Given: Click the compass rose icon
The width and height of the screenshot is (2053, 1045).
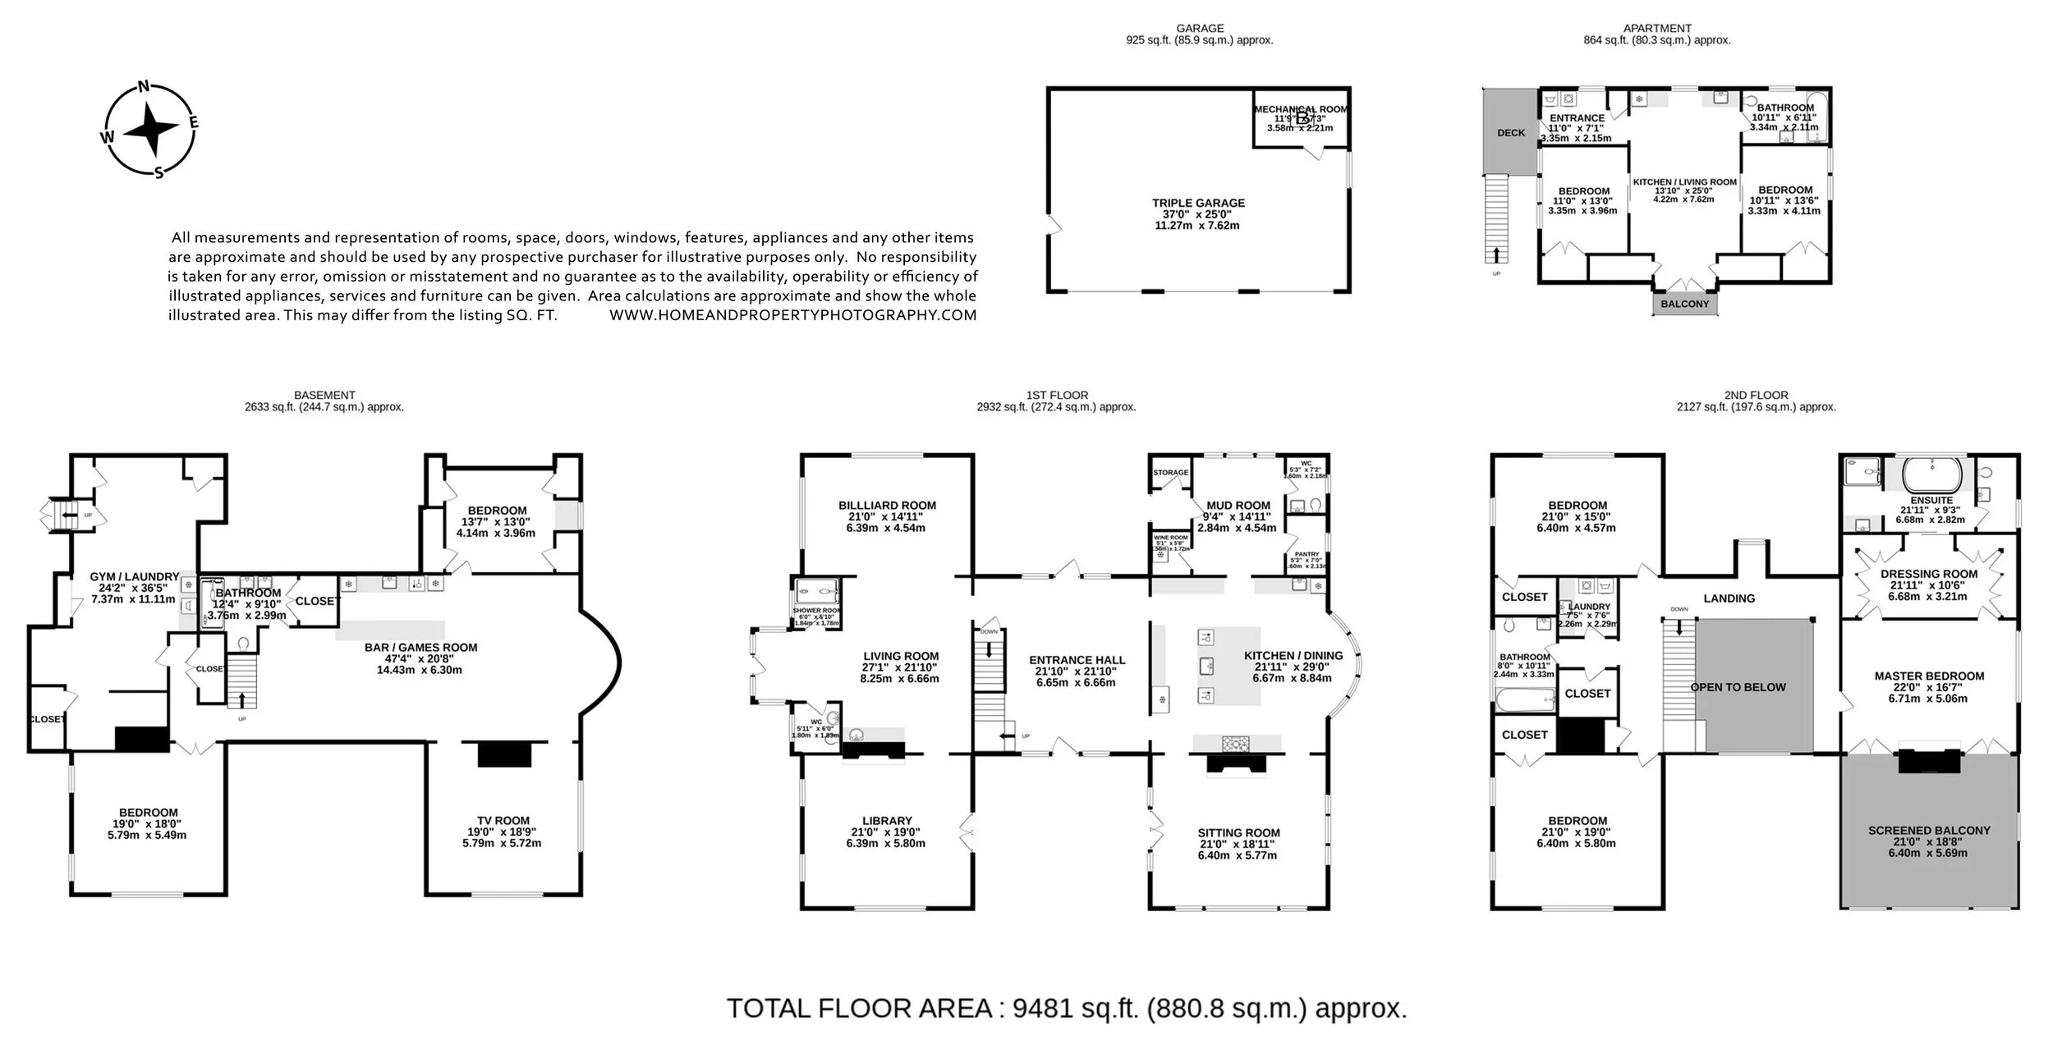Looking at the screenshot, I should [150, 130].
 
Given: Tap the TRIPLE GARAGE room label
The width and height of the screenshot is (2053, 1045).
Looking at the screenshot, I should [1197, 203].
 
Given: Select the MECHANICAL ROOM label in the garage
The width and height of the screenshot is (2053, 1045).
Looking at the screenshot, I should [1300, 109].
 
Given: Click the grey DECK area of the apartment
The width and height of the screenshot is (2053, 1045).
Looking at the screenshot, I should [1510, 132].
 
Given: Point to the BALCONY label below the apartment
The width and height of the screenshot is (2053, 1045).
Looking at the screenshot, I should [1684, 304].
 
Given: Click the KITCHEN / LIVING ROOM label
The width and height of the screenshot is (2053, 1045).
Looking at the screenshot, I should [1684, 182].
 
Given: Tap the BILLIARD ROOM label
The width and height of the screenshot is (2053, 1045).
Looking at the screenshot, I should [887, 506].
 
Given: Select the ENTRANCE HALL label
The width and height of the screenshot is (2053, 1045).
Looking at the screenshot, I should [1077, 660].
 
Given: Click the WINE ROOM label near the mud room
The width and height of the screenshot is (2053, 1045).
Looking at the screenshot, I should [1171, 538].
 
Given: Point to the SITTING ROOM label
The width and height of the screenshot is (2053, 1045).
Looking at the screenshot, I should [1238, 832].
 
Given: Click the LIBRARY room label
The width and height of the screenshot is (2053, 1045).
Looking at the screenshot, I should [887, 820].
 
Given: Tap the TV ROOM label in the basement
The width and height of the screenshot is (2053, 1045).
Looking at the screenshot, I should [503, 820].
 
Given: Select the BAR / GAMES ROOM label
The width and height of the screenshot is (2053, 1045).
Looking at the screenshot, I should [420, 648].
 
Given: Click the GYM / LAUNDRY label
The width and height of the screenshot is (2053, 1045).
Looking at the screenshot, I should [134, 577].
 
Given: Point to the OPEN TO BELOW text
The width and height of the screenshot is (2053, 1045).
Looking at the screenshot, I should [1738, 687].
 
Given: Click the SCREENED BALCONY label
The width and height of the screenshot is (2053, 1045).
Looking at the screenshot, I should [1929, 830].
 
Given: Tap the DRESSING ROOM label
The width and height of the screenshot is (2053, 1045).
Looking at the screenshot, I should [1928, 574].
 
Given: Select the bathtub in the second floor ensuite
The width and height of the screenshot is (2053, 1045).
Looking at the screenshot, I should [1932, 474].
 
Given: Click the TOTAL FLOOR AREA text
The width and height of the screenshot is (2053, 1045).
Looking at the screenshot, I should [1066, 1008].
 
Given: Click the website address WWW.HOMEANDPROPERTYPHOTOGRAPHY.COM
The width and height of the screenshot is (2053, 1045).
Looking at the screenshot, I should [792, 315].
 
